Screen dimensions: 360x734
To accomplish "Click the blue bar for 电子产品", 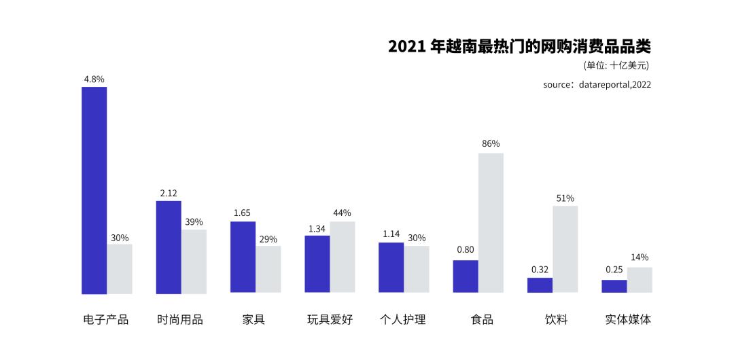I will pyautogui.click(x=94, y=190).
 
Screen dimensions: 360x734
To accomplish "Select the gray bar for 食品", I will pyautogui.click(x=491, y=223).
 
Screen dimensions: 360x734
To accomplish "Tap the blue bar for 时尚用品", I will pyautogui.click(x=169, y=247).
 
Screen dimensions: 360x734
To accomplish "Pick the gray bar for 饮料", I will pyautogui.click(x=565, y=249).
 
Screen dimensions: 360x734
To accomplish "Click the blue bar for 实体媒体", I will pyautogui.click(x=614, y=286).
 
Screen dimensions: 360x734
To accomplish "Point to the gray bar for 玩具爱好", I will pyautogui.click(x=342, y=257).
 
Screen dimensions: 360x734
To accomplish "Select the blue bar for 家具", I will pyautogui.click(x=243, y=257).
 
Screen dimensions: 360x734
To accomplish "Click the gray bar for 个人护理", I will pyautogui.click(x=416, y=269).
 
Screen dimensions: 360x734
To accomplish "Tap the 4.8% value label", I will pyautogui.click(x=94, y=79).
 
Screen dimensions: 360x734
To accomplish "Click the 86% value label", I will pyautogui.click(x=491, y=143).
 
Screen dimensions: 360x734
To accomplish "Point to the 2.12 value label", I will pyautogui.click(x=169, y=193).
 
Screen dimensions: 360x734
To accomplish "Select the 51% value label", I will pyautogui.click(x=565, y=198).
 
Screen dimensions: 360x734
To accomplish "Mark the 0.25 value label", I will pyautogui.click(x=614, y=270).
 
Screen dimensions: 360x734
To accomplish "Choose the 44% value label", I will pyautogui.click(x=342, y=213).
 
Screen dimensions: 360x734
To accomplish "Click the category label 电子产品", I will pyautogui.click(x=106, y=319).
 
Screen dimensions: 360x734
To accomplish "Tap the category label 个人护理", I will pyautogui.click(x=403, y=319).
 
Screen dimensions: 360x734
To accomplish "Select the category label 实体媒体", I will pyautogui.click(x=627, y=319).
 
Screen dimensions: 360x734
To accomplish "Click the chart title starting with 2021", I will pyautogui.click(x=519, y=46).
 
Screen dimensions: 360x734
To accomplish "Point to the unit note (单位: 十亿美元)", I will pyautogui.click(x=616, y=66).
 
